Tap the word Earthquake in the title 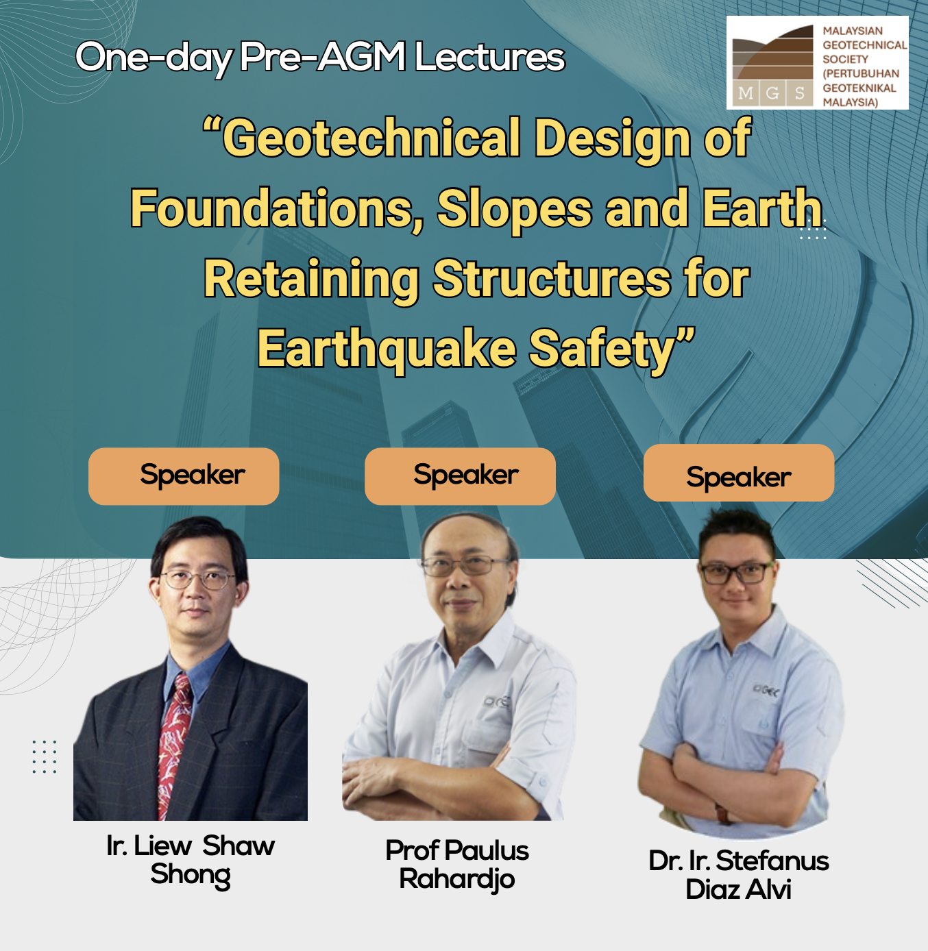pos(387,349)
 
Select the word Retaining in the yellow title pos(311,279)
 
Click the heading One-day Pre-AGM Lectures pos(320,58)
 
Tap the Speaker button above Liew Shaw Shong pos(184,476)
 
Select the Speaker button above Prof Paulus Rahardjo pos(460,476)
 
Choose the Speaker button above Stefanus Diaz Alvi pos(739,473)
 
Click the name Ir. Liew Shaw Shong pos(191,860)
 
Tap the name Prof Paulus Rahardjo pos(457,865)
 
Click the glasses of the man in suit pos(199,580)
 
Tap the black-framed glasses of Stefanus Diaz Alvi pos(736,573)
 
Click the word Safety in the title pos(612,349)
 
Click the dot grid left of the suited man pos(44,756)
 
